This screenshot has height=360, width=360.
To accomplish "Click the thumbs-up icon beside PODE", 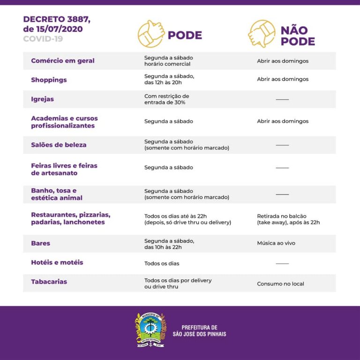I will point(151,34).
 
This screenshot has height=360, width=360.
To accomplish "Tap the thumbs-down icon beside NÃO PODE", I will point(262,34).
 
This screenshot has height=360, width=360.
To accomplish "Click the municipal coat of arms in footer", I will point(150,330).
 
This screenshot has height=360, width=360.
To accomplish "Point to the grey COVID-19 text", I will point(43,38).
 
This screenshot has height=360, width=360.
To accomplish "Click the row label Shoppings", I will point(49,80).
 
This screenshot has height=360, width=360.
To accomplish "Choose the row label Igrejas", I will point(42,99).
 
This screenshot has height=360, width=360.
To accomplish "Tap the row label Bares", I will point(40,243).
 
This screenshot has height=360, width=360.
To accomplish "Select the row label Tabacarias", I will point(49,282).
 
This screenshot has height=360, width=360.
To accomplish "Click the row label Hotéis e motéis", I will point(57,262).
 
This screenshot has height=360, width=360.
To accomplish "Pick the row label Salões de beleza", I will point(59,145).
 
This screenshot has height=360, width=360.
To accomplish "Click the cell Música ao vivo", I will point(276,243).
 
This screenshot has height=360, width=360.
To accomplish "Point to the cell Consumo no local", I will point(280,284).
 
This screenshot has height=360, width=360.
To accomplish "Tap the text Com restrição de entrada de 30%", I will point(166,99).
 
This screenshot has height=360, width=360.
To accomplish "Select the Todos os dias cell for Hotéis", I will point(162,263).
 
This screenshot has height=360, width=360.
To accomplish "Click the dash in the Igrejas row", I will point(282,99).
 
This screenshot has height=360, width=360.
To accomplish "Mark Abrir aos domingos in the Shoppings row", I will point(283,79).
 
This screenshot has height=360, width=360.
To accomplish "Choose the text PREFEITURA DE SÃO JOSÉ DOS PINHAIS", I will point(203,330).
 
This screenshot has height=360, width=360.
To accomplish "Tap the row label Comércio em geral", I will point(63,60).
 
